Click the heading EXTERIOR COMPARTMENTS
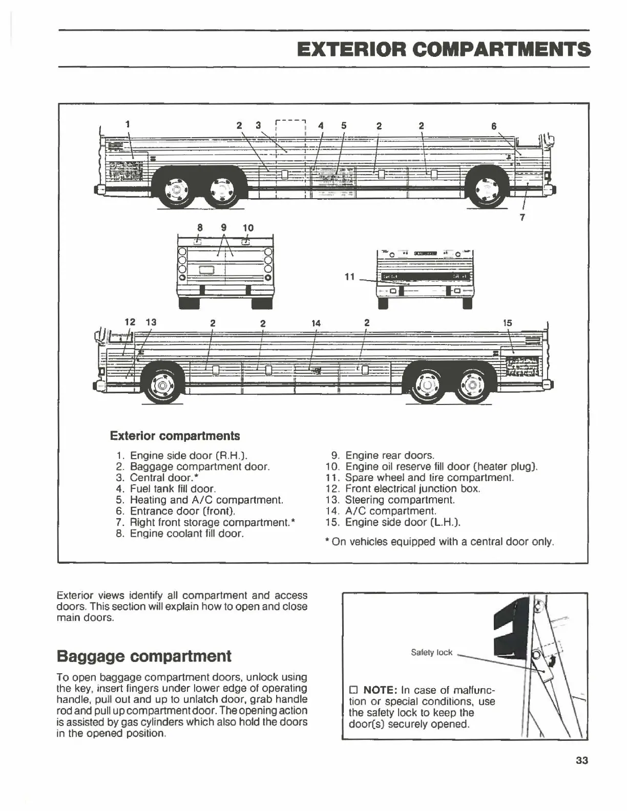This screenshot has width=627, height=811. pyautogui.click(x=444, y=50)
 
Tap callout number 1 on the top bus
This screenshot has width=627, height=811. pyautogui.click(x=128, y=123)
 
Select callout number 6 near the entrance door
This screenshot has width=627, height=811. pyautogui.click(x=494, y=126)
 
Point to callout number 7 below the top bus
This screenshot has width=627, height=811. pyautogui.click(x=522, y=217)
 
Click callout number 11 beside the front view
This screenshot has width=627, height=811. pyautogui.click(x=349, y=276)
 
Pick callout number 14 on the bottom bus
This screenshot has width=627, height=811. pyautogui.click(x=316, y=323)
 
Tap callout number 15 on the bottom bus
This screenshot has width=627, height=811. pyautogui.click(x=507, y=323)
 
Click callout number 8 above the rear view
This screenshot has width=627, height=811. pyautogui.click(x=200, y=227)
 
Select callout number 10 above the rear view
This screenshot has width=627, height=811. pyautogui.click(x=248, y=227)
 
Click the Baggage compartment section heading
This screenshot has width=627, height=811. pyautogui.click(x=144, y=656)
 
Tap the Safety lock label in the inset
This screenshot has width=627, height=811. pyautogui.click(x=431, y=652)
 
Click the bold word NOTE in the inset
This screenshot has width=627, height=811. pyautogui.click(x=380, y=690)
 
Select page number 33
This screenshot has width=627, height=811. pyautogui.click(x=581, y=760)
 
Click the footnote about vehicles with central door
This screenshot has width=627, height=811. pyautogui.click(x=440, y=542)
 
